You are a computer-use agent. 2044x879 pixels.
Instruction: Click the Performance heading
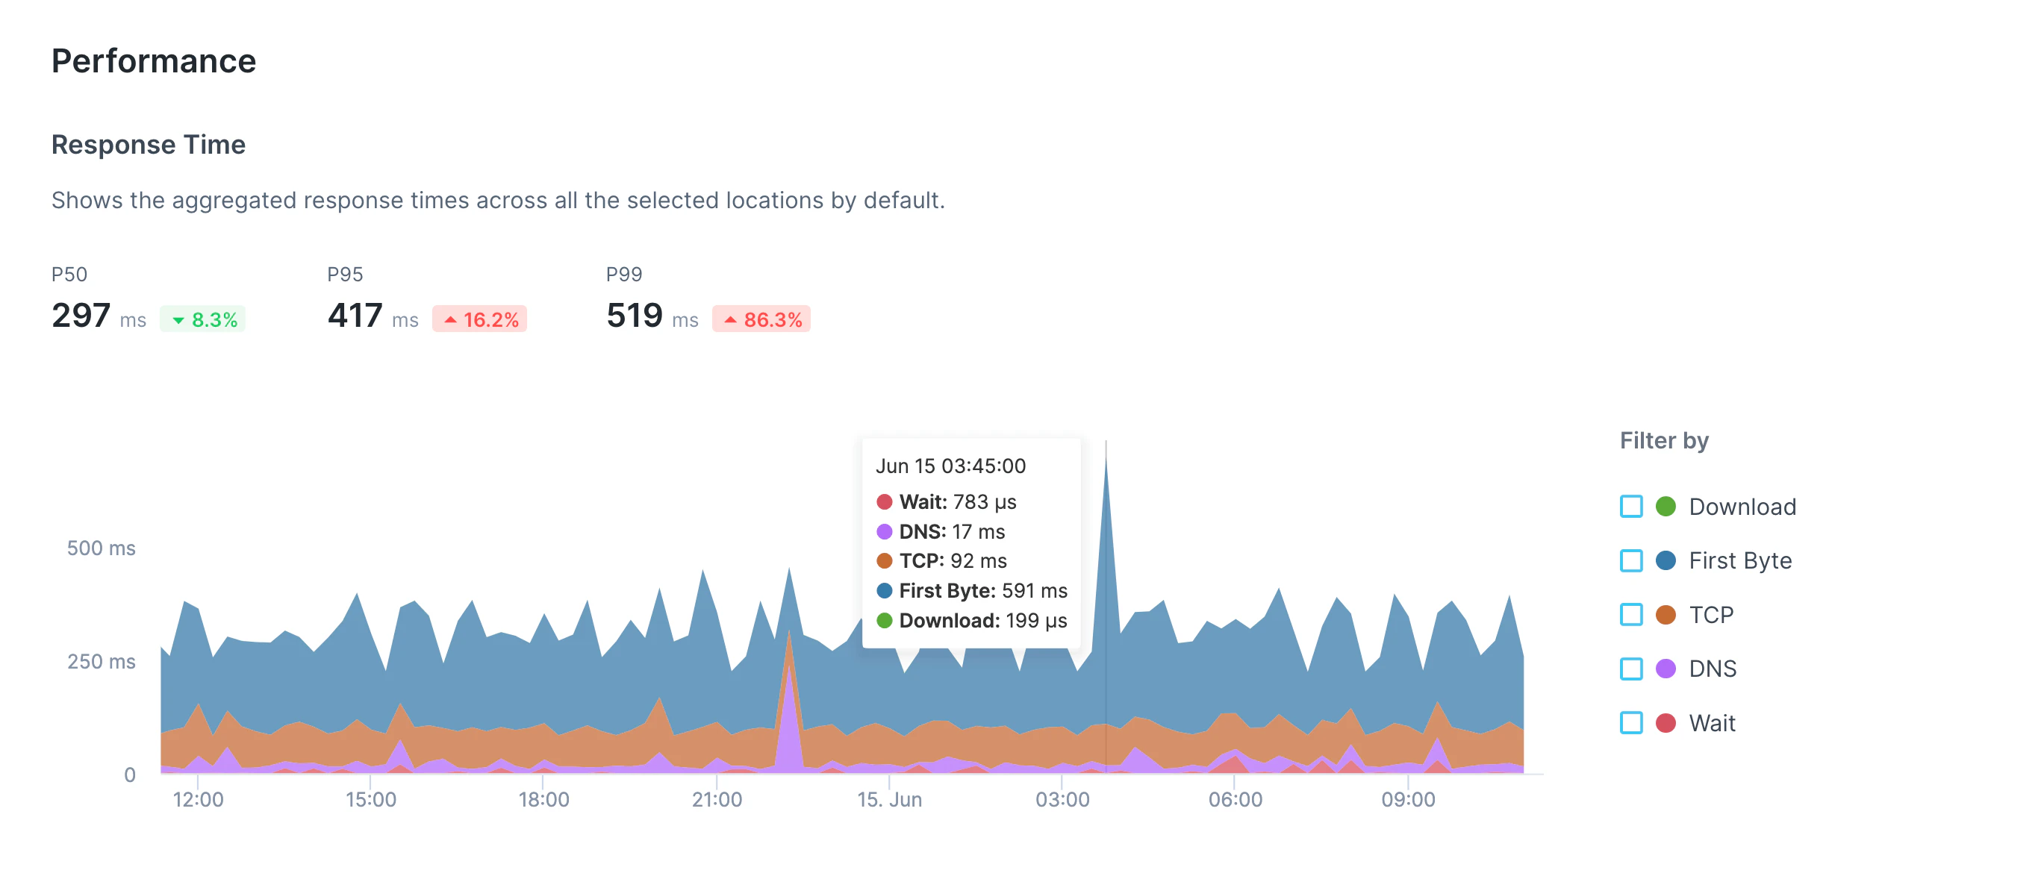coord(153,61)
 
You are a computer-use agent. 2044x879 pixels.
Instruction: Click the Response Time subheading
coord(149,144)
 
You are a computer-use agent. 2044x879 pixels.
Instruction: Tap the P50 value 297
coord(81,316)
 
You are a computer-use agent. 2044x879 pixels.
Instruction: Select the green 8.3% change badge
coord(203,319)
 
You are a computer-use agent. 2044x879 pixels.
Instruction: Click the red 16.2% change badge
coord(479,319)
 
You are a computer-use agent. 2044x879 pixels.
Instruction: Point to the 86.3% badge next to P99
coord(761,319)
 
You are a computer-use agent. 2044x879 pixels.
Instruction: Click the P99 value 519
coord(634,316)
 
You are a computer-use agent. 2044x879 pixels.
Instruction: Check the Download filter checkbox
coord(1630,506)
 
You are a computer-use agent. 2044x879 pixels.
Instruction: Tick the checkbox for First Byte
coord(1630,560)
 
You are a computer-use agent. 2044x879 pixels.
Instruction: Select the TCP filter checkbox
coord(1630,614)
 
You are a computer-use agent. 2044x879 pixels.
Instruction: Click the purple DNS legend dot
coord(1666,668)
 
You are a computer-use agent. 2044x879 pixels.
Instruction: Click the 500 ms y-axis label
coord(101,548)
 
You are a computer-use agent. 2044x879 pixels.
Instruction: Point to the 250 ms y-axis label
coord(101,661)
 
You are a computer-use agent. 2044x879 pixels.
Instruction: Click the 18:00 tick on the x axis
coord(543,799)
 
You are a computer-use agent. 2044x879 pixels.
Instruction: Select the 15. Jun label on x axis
coord(888,799)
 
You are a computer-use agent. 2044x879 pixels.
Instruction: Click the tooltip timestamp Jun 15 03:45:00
coord(950,466)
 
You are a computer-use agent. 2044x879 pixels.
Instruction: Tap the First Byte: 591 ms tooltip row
coord(972,590)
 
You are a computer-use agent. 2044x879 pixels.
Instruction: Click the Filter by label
coord(1663,440)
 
